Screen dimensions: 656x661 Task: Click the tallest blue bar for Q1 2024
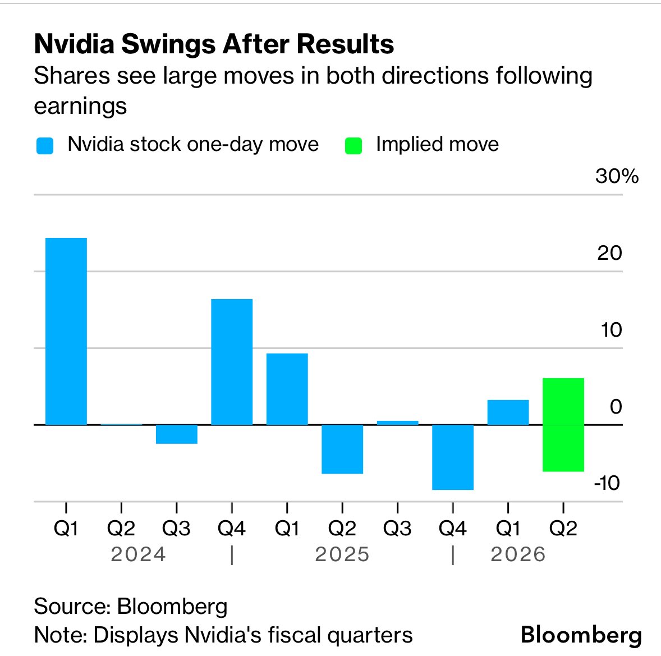coord(66,331)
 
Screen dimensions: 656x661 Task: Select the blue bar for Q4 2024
coord(232,362)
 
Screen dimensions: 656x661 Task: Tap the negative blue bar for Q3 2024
coord(177,434)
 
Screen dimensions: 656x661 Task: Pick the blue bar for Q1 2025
coord(287,389)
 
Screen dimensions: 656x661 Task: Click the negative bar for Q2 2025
coord(342,449)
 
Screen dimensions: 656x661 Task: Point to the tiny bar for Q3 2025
coord(397,423)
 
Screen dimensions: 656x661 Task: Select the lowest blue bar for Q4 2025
coord(453,457)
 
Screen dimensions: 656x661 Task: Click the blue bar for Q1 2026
coord(508,412)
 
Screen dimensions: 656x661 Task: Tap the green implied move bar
coord(563,425)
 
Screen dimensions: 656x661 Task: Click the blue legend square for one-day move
coord(44,146)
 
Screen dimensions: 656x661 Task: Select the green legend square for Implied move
coord(354,146)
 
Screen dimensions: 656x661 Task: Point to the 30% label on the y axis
coord(617,176)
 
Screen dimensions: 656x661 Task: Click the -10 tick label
coord(608,483)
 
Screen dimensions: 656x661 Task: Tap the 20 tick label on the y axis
coord(609,253)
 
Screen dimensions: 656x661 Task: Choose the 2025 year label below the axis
coord(342,554)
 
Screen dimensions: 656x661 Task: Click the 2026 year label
coord(518,554)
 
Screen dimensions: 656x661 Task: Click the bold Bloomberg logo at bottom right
coord(581,635)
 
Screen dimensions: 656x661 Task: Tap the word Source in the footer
coord(71,607)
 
